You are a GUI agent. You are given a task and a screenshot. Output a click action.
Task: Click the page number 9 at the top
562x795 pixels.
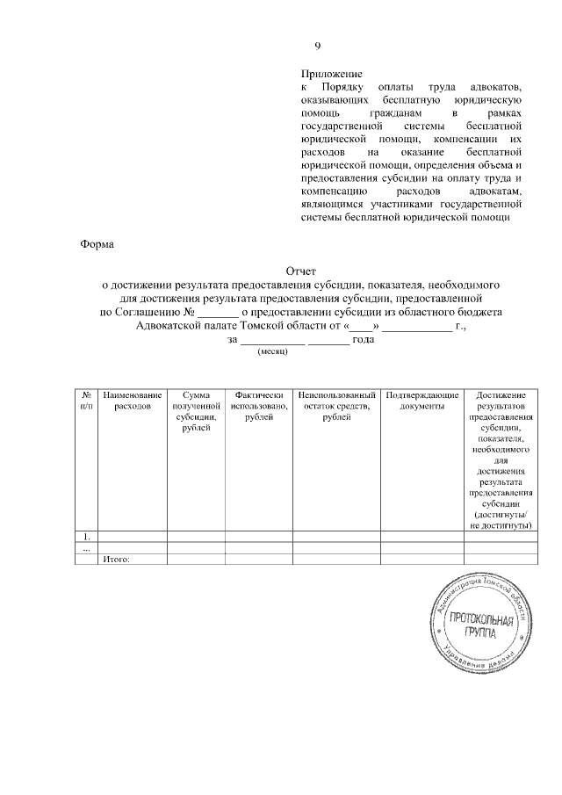tap(318, 47)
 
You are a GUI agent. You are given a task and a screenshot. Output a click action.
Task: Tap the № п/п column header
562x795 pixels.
tap(86, 402)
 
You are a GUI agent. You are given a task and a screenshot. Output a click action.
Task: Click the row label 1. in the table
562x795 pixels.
tap(86, 536)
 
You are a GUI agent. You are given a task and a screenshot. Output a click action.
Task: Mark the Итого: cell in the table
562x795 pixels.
tap(116, 559)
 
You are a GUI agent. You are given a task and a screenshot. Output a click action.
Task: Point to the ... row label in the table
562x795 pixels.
tap(86, 547)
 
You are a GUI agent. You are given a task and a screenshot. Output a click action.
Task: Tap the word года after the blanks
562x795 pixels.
tap(364, 339)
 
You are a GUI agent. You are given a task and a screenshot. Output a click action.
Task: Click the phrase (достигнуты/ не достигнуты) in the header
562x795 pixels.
tap(501, 519)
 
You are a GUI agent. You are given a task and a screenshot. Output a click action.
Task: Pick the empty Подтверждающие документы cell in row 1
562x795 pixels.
tap(421, 536)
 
